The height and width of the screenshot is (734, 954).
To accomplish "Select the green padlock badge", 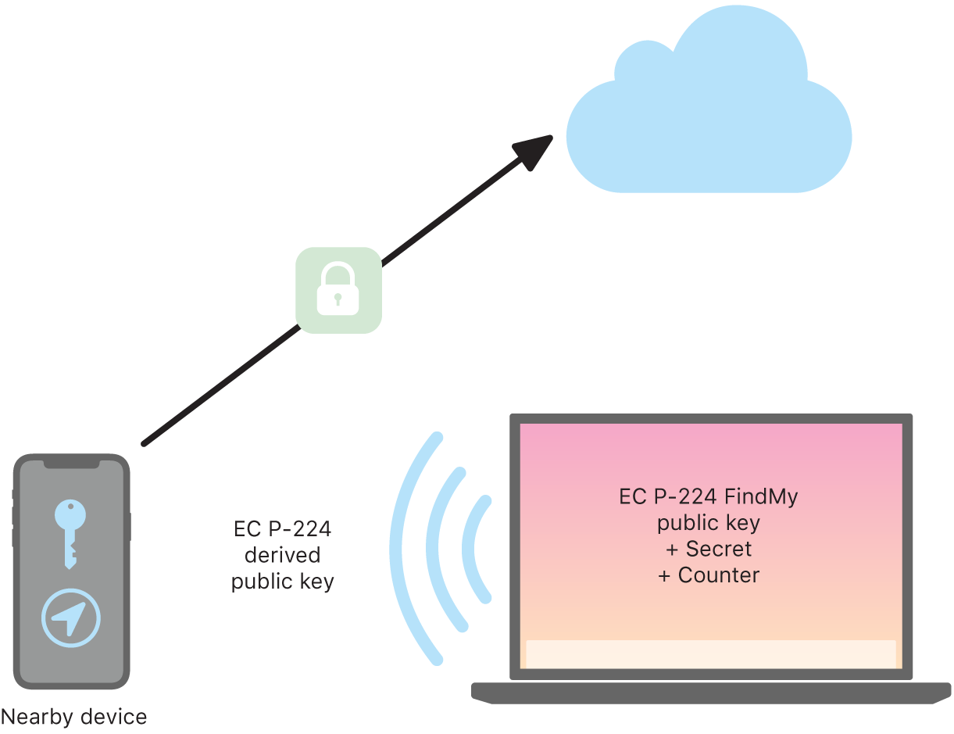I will tap(338, 290).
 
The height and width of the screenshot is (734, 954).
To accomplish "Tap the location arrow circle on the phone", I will tap(71, 618).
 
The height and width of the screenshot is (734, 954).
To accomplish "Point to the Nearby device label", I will tap(73, 716).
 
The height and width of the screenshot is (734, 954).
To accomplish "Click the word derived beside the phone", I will tap(283, 555).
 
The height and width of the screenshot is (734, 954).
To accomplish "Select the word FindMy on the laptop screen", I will tap(761, 496).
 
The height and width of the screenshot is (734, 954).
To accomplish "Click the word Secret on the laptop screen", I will tap(719, 549).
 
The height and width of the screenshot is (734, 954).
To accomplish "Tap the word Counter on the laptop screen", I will tap(719, 575).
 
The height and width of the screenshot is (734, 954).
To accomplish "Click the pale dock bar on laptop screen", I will tap(710, 654).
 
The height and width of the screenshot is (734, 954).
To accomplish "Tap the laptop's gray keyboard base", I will tap(710, 693).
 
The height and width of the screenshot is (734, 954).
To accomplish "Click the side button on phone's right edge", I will tap(129, 527).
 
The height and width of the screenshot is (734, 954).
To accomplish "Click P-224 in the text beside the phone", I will tap(300, 529).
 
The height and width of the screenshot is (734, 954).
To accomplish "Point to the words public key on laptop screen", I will tap(709, 522).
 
